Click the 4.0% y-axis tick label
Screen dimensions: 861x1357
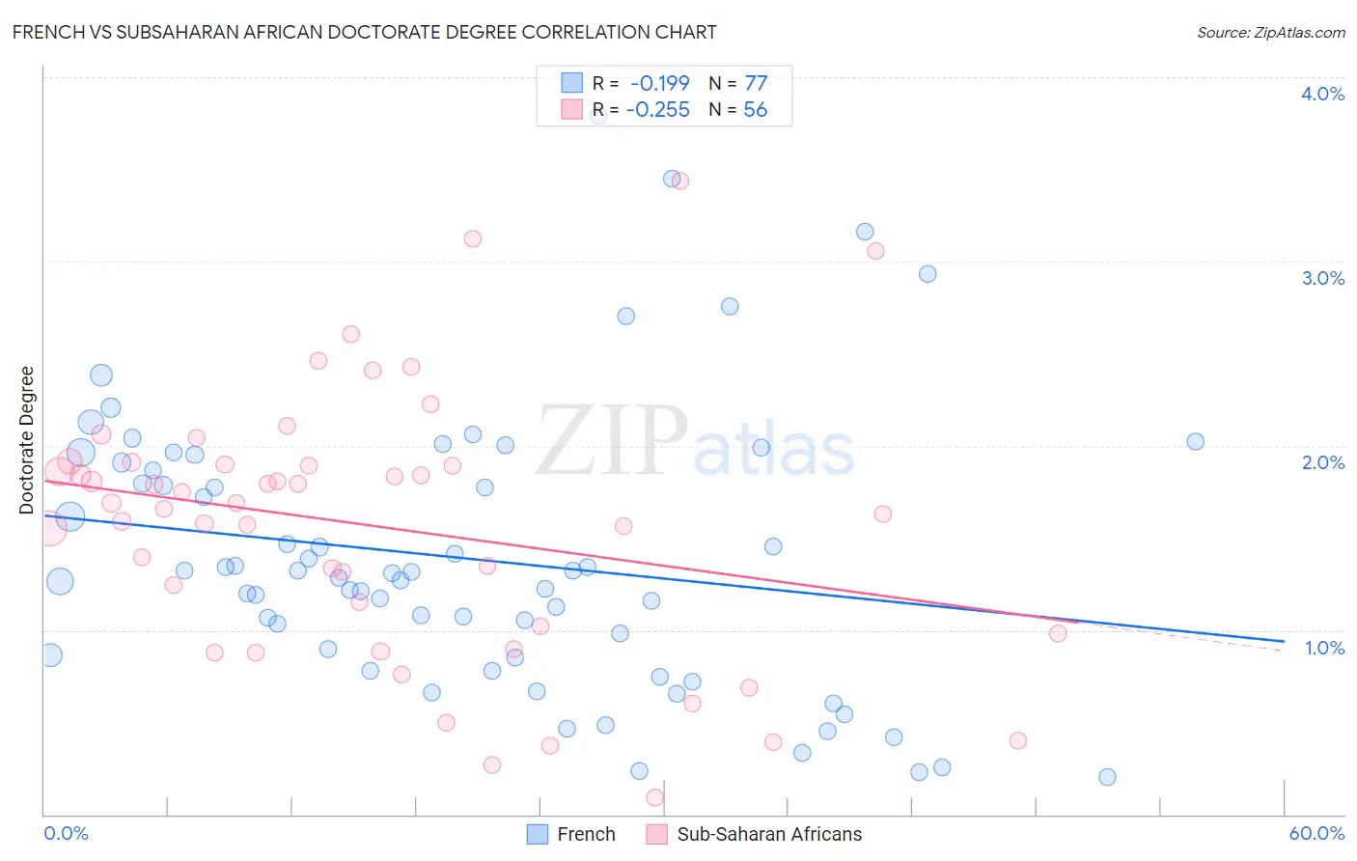point(1322,94)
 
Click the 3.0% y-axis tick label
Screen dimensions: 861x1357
point(1322,278)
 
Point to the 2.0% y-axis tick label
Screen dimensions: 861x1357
point(1322,462)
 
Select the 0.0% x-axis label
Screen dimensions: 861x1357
point(66,833)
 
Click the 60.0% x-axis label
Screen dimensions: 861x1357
point(1316,833)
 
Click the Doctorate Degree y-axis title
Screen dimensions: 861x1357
point(27,440)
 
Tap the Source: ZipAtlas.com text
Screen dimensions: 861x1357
point(1270,33)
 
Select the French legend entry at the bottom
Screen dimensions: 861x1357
point(585,834)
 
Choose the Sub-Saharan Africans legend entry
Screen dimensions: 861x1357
point(768,834)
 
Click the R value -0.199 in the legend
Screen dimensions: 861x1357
point(659,83)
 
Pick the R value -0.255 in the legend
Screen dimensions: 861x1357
point(657,110)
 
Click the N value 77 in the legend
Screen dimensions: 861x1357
point(756,83)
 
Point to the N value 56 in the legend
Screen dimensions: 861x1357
point(755,110)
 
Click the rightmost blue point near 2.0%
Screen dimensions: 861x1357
point(1195,442)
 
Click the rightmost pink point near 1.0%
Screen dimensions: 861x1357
point(1058,633)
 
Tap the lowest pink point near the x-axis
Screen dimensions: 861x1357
point(654,797)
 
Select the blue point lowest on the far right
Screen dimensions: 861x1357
point(1107,777)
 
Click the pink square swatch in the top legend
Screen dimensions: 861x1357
point(572,109)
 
